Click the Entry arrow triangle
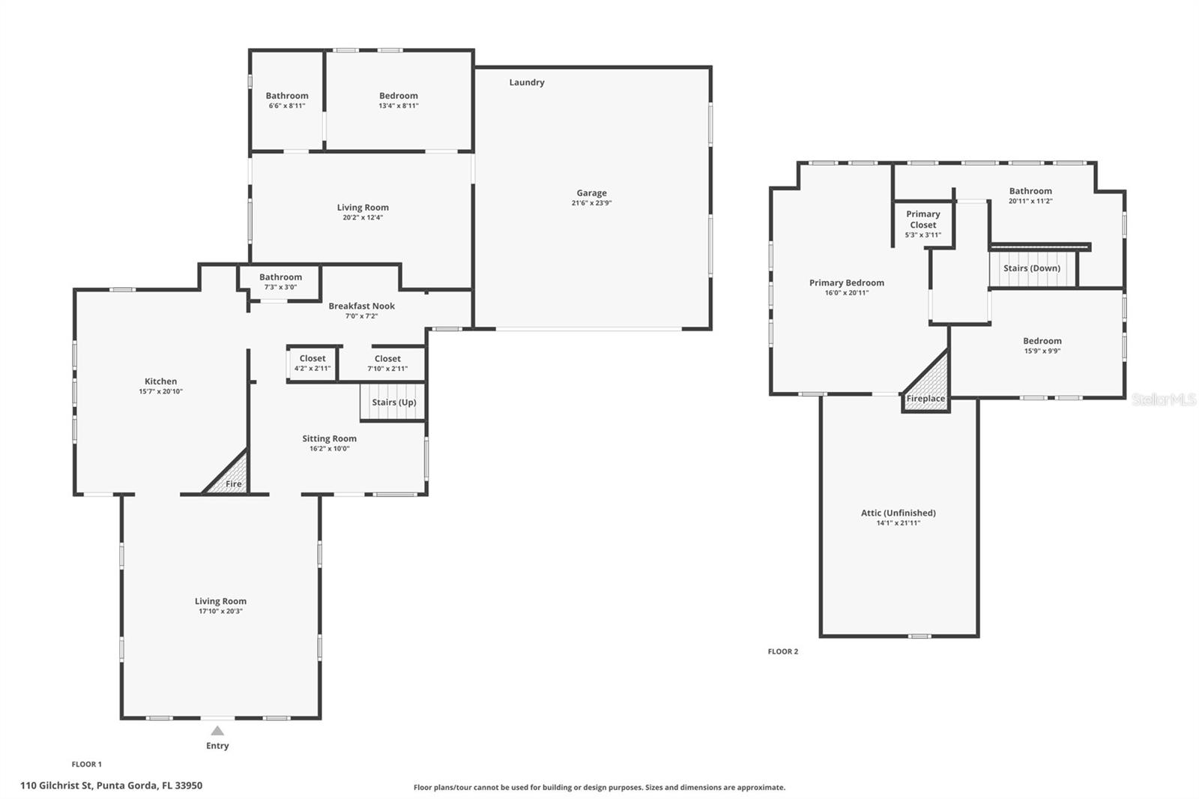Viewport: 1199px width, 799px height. [217, 731]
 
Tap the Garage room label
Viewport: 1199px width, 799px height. [591, 193]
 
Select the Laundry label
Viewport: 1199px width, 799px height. [527, 82]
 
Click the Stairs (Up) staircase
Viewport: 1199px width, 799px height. [393, 402]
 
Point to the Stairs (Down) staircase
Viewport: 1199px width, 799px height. [1033, 268]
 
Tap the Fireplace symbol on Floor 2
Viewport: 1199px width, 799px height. [926, 382]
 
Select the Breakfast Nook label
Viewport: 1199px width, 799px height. [361, 306]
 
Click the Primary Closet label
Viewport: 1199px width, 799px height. [922, 220]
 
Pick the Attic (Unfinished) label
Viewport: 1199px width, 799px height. [899, 513]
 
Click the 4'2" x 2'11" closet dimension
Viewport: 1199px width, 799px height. [312, 369]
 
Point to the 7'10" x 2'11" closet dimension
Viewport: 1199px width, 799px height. [387, 369]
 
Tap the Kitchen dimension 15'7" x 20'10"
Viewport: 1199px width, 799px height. [160, 391]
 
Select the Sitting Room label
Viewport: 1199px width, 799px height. [329, 438]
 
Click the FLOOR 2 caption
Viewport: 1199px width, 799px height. [782, 652]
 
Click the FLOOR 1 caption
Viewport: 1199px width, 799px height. [87, 765]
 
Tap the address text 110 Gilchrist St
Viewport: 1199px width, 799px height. [56, 786]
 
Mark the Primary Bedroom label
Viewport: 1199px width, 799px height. [846, 283]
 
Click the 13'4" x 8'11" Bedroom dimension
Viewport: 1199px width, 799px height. [399, 106]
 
